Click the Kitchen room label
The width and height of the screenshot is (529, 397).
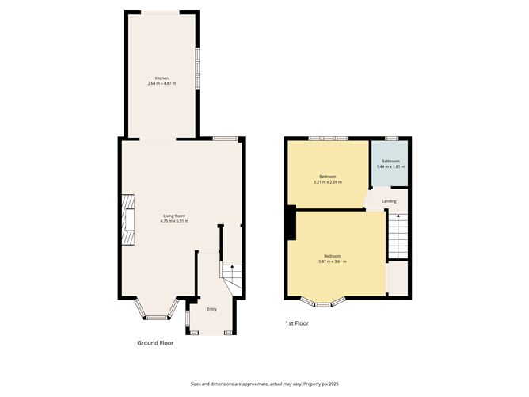coord(162,78)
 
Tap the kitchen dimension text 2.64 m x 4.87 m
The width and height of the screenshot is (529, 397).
coord(162,84)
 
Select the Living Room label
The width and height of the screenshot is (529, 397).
coord(174,216)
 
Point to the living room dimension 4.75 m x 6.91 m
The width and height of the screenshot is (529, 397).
coord(174,221)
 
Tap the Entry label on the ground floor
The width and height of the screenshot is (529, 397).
coord(211,309)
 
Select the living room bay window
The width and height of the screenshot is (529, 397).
coord(155,313)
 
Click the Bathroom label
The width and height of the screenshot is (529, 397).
coord(390,161)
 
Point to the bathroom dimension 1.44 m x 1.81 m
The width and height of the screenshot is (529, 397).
coord(390,167)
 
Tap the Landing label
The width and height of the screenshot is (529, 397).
coord(389,201)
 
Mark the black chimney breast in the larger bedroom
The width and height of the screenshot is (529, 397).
coord(291,223)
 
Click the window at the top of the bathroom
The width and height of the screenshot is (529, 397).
coord(390,139)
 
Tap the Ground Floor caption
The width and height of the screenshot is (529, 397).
coord(155,343)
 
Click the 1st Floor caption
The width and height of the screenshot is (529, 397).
coord(298,323)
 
